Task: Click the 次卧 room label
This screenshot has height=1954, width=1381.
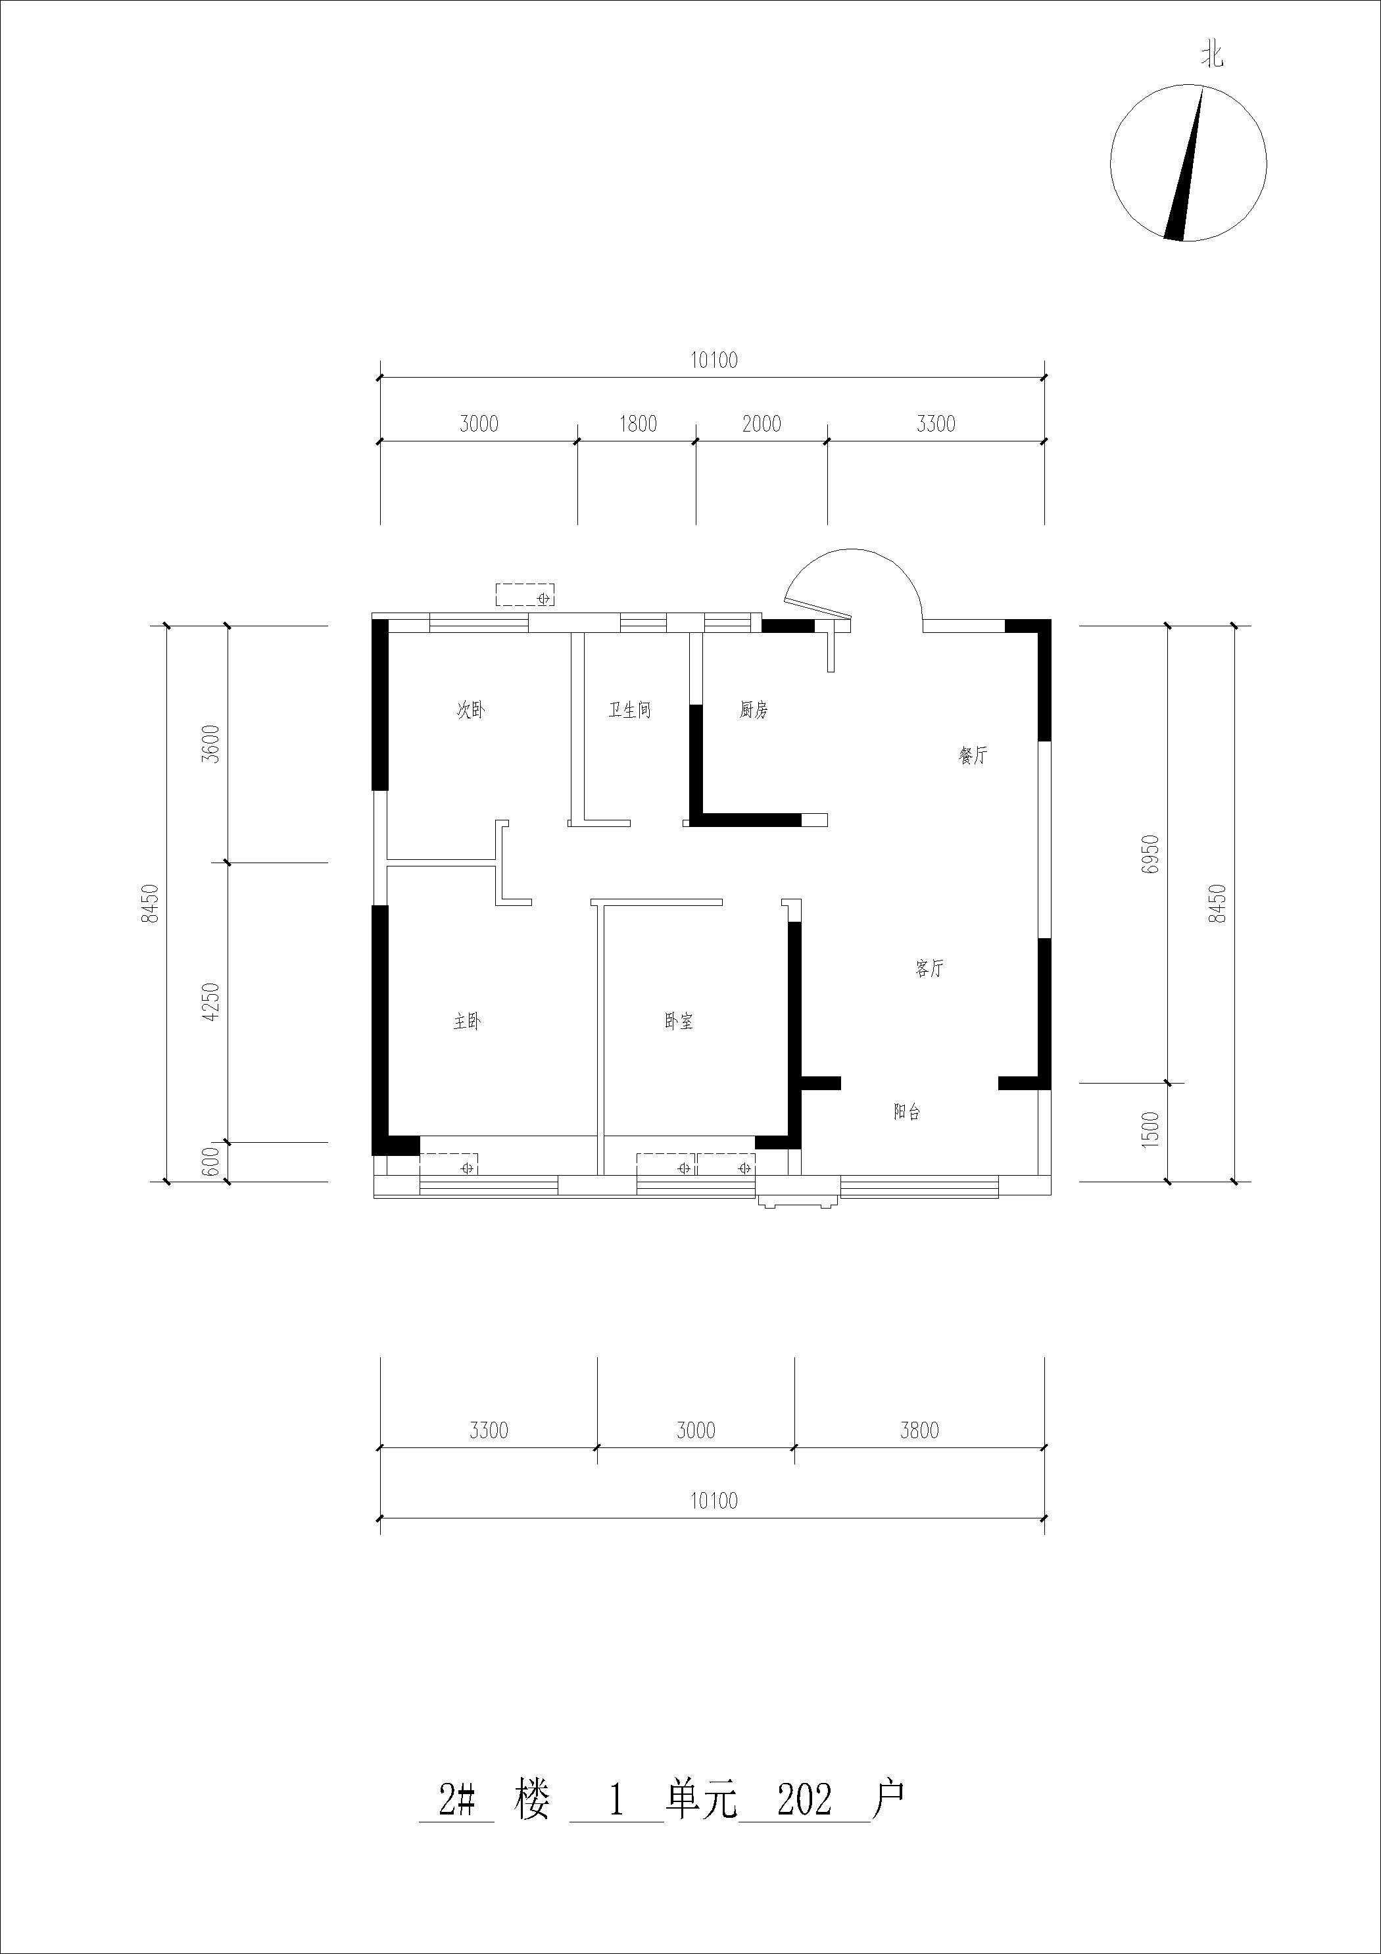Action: click(x=471, y=710)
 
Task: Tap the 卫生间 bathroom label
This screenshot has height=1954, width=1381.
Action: click(x=629, y=710)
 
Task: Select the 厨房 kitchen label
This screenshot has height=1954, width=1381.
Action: click(x=753, y=710)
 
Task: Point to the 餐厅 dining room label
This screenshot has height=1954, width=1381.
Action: click(x=973, y=755)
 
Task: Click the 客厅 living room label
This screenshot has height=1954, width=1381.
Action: click(x=929, y=968)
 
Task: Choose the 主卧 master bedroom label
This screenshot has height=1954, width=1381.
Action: click(x=467, y=1021)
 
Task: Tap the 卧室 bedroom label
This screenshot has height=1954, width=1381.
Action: click(x=679, y=1021)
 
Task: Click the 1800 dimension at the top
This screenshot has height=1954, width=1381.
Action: click(x=637, y=424)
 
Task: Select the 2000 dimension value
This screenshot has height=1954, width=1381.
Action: click(x=762, y=424)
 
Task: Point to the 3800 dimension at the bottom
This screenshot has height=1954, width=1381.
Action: click(x=920, y=1430)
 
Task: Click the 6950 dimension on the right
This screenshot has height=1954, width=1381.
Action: click(x=1150, y=855)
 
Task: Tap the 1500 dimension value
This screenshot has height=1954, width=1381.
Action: click(x=1150, y=1130)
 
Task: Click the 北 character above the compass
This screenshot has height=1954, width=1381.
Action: click(x=1213, y=56)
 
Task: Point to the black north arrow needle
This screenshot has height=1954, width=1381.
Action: click(x=1184, y=163)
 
